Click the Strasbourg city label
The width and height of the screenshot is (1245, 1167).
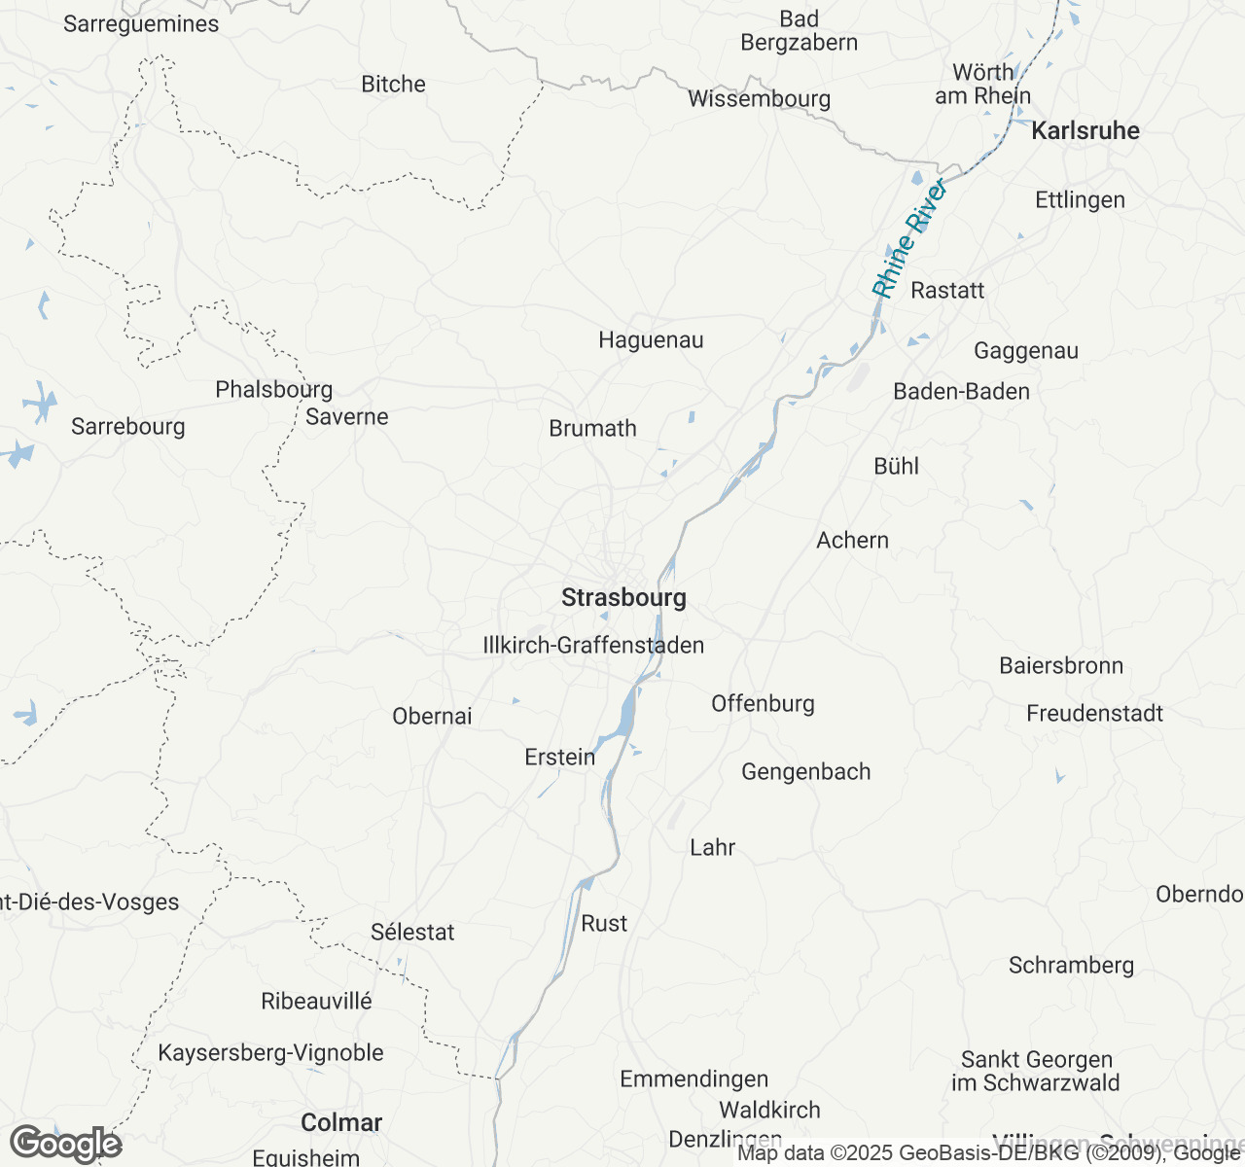click(623, 597)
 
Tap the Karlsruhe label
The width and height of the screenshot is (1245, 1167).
click(1085, 130)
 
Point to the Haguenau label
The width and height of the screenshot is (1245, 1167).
click(651, 340)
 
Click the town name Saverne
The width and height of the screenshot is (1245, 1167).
click(346, 417)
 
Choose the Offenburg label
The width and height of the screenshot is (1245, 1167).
click(763, 703)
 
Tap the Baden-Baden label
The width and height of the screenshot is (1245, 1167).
click(961, 392)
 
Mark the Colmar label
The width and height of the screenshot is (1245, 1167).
click(341, 1122)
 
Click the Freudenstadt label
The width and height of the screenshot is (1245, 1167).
click(1094, 714)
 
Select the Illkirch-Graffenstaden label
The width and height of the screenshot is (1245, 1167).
click(593, 645)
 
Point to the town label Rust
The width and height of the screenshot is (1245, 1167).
click(604, 924)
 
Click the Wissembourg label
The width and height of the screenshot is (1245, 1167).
click(759, 99)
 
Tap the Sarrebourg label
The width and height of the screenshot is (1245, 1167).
click(127, 427)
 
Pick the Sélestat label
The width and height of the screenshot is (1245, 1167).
click(412, 932)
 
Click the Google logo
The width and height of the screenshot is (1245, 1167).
click(65, 1144)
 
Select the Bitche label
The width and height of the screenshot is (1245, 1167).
click(393, 85)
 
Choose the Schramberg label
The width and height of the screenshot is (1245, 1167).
click(1071, 966)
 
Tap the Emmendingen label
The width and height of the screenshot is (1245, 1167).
click(694, 1079)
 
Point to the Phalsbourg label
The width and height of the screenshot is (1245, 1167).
click(273, 390)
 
